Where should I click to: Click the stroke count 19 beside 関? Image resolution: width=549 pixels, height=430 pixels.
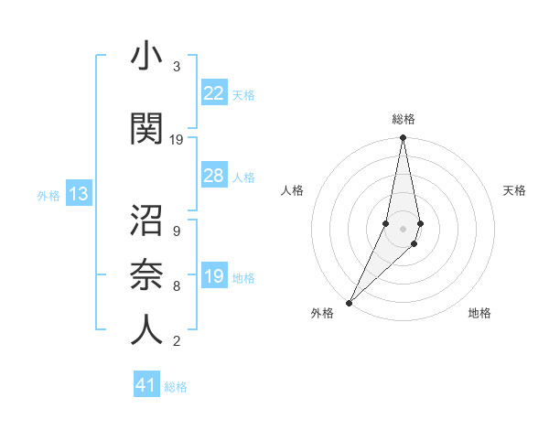(x=177, y=140)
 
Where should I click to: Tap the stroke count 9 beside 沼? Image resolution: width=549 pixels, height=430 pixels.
(x=176, y=231)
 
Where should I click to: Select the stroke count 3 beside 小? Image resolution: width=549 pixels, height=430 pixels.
(x=176, y=67)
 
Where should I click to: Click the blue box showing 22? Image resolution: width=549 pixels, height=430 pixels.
(x=214, y=93)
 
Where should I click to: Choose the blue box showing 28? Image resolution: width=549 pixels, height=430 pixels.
(x=214, y=176)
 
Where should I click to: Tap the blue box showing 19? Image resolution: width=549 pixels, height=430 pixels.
(x=214, y=276)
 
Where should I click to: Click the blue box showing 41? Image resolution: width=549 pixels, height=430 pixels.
(x=146, y=386)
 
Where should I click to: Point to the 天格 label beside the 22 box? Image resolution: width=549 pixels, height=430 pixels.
(x=243, y=94)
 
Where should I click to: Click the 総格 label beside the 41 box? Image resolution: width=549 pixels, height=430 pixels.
(x=176, y=387)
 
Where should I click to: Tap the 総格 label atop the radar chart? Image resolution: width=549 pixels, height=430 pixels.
(x=404, y=119)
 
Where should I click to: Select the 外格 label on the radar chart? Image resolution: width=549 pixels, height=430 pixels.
(x=322, y=313)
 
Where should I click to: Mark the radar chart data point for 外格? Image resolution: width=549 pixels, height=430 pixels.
(x=350, y=302)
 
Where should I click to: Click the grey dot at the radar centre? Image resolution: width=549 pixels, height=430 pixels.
(x=404, y=228)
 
